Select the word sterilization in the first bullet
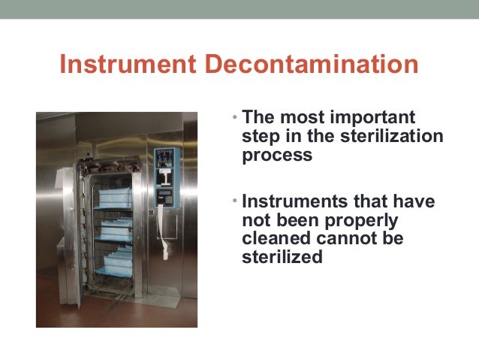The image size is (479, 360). point(396,138)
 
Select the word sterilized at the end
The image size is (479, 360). point(282,257)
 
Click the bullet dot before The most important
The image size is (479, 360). point(234,119)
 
